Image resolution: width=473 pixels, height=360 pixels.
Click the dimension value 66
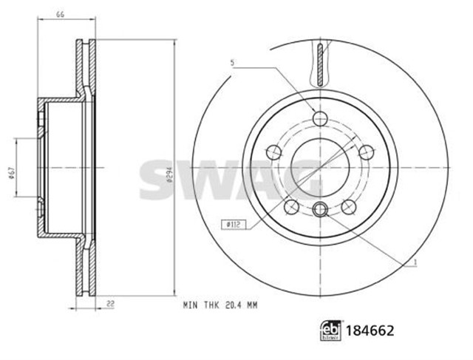click(61, 14)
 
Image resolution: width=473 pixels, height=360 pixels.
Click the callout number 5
click(231, 64)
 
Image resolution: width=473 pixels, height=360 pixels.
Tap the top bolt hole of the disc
click(319, 118)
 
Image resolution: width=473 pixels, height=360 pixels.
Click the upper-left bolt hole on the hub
click(273, 152)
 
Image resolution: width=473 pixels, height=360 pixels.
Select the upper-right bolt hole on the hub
click(365, 152)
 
